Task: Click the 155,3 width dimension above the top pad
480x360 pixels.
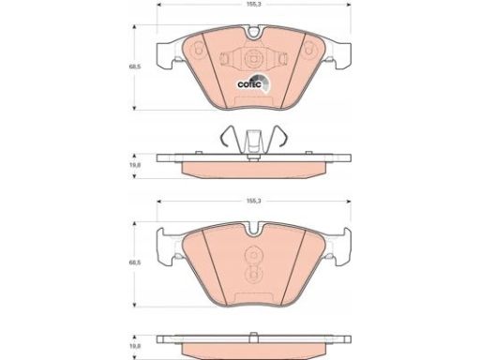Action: pyautogui.click(x=254, y=5)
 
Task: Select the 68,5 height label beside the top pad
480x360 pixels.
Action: pyautogui.click(x=135, y=67)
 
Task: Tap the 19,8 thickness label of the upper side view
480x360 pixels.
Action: pyautogui.click(x=135, y=165)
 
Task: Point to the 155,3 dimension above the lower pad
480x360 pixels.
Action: pyautogui.click(x=254, y=201)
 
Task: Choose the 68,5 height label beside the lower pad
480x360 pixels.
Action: pyautogui.click(x=135, y=262)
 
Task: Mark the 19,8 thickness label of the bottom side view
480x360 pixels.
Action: pyautogui.click(x=135, y=346)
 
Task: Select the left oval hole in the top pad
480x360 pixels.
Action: pyautogui.click(x=198, y=50)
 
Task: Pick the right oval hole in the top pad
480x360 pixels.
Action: pyautogui.click(x=308, y=50)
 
